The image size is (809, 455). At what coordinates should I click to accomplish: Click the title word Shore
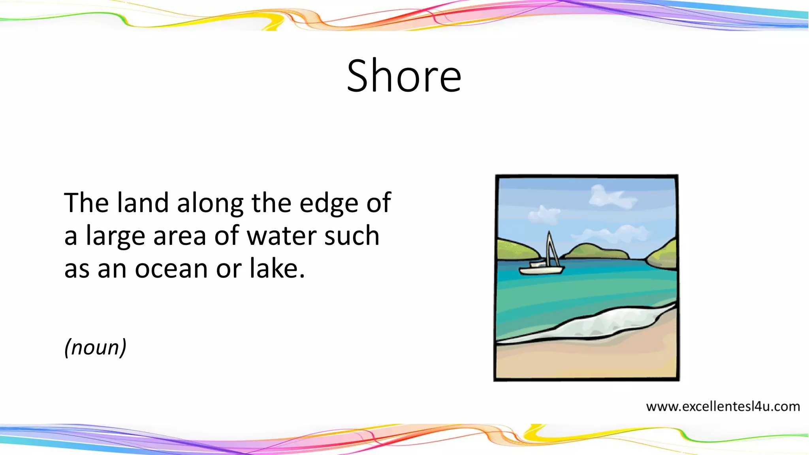tap(404, 76)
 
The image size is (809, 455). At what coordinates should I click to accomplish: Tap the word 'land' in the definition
tap(143, 203)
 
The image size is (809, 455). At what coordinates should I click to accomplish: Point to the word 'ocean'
tap(171, 269)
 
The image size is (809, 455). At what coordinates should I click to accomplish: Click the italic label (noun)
tap(95, 347)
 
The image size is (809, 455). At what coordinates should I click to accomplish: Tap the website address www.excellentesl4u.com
tap(723, 406)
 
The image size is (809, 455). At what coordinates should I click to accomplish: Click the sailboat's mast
tap(549, 249)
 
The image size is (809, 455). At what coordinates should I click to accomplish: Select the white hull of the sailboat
tap(541, 271)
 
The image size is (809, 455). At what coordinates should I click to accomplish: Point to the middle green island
tap(596, 252)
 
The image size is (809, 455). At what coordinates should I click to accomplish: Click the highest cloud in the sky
tap(610, 197)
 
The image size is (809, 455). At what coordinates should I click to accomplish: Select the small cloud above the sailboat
tap(544, 214)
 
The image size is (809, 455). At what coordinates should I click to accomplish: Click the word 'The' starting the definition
tap(86, 203)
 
